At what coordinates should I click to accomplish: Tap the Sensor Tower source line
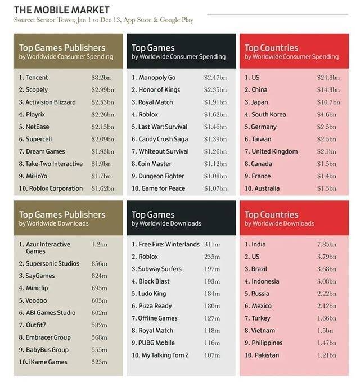103,20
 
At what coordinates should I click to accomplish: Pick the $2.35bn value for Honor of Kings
216,90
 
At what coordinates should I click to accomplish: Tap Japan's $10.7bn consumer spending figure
328,102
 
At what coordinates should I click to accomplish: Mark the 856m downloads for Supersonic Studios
99,264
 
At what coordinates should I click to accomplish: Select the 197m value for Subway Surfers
213,269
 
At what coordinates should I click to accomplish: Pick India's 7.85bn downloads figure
326,245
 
